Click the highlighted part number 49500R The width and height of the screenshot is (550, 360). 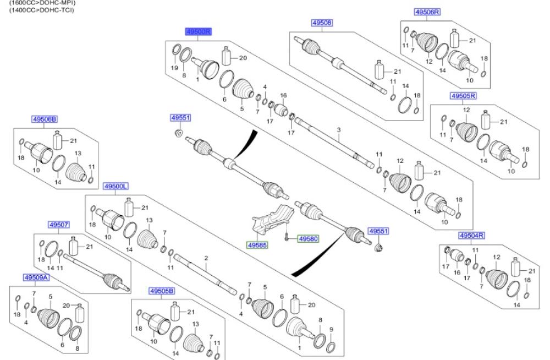(198, 31)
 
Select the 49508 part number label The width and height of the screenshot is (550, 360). (322, 23)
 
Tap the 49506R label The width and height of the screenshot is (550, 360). (427, 12)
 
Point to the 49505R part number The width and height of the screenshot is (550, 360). (463, 96)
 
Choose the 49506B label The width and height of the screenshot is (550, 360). (44, 119)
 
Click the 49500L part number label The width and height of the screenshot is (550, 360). (116, 186)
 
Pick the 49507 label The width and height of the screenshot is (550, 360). (59, 225)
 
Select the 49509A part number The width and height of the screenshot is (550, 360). (36, 278)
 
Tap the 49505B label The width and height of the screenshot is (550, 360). (162, 291)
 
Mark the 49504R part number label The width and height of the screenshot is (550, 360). (472, 235)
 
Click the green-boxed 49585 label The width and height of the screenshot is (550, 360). (257, 245)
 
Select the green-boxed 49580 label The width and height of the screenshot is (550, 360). (308, 239)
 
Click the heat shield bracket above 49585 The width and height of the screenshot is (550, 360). (272, 220)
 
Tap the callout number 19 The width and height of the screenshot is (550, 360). (174, 68)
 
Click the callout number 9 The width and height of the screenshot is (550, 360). (332, 330)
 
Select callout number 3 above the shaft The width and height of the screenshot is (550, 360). (338, 130)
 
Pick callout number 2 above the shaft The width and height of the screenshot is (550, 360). (206, 258)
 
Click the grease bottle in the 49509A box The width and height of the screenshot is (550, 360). (80, 313)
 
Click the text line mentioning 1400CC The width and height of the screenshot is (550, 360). (41, 10)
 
